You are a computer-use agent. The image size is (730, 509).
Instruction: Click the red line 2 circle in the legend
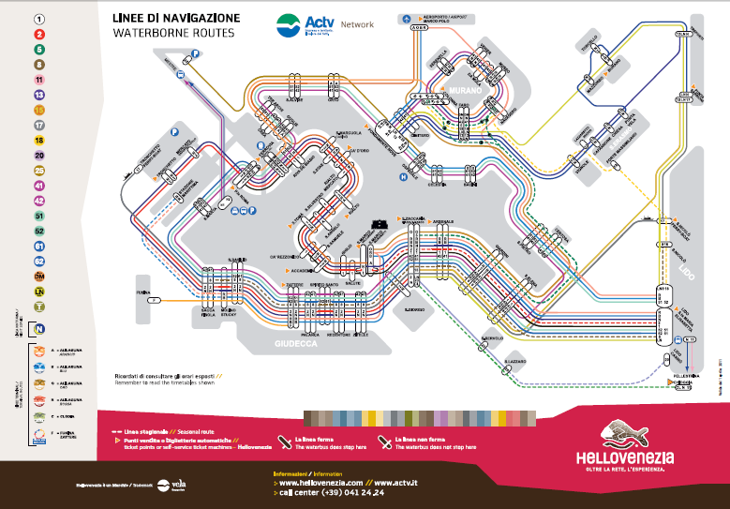pyautogui.click(x=40, y=34)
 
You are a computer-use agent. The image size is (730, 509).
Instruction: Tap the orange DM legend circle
pyautogui.click(x=40, y=277)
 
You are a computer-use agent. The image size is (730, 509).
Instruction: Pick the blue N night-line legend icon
pyautogui.click(x=40, y=329)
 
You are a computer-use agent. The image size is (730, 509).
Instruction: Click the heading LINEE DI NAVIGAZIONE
pyautogui.click(x=175, y=18)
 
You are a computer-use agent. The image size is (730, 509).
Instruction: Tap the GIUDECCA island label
pyautogui.click(x=297, y=344)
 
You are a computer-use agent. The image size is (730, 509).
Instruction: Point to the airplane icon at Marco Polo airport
pyautogui.click(x=405, y=19)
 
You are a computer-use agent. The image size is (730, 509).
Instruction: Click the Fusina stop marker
pyautogui.click(x=155, y=300)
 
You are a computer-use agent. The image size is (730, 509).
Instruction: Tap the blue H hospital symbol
pyautogui.click(x=404, y=175)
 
